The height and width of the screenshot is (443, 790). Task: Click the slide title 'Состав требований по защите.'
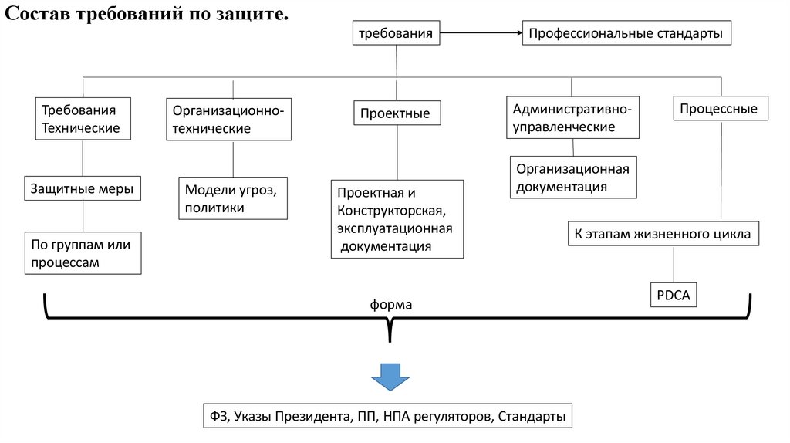(147, 15)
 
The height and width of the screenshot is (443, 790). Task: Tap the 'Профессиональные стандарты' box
(625, 34)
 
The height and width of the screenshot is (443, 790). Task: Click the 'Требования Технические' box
(83, 118)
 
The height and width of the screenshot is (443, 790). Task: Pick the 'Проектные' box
(397, 113)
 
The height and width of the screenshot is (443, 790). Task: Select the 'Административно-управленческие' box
(572, 117)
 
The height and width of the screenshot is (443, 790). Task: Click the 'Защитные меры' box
(83, 188)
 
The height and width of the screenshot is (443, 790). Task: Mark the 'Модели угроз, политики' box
(232, 198)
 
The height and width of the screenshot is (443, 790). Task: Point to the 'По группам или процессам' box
(83, 253)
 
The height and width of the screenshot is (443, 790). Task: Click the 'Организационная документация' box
(573, 178)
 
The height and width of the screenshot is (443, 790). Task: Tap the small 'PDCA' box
(673, 295)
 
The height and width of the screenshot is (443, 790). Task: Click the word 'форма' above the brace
(391, 304)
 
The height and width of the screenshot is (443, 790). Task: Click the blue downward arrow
(390, 378)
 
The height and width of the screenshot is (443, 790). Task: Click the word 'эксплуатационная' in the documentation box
(394, 228)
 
